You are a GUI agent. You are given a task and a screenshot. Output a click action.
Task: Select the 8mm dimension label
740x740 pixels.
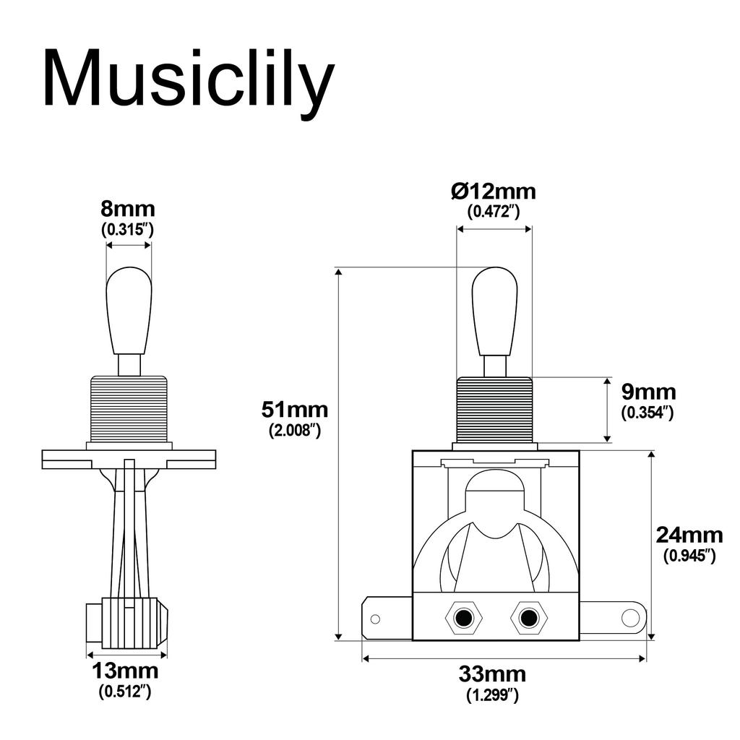[x=128, y=210]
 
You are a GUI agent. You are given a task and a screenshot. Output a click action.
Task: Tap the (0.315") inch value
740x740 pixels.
[x=128, y=229]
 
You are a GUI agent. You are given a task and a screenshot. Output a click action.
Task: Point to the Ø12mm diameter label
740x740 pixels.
[x=494, y=192]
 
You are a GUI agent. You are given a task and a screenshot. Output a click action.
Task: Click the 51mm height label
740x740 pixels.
[x=294, y=410]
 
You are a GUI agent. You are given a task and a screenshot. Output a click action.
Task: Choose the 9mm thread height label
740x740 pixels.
[x=648, y=392]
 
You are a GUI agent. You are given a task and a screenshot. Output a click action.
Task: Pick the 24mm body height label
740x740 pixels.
[x=689, y=535]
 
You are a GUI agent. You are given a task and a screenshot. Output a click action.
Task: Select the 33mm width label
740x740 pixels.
[x=492, y=675]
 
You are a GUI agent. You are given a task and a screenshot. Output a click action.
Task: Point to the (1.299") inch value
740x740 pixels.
[x=492, y=695]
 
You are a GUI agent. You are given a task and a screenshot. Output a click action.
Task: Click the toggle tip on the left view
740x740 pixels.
[x=129, y=311]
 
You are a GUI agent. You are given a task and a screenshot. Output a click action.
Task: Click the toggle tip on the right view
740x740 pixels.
[x=494, y=311]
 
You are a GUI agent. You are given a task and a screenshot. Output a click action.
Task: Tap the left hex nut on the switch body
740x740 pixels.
[x=463, y=619]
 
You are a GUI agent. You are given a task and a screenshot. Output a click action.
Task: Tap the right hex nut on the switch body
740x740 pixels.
[x=528, y=619]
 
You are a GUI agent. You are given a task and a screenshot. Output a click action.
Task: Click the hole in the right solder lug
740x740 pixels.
[x=630, y=618]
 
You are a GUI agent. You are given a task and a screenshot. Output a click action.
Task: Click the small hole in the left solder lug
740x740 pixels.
[x=375, y=619]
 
